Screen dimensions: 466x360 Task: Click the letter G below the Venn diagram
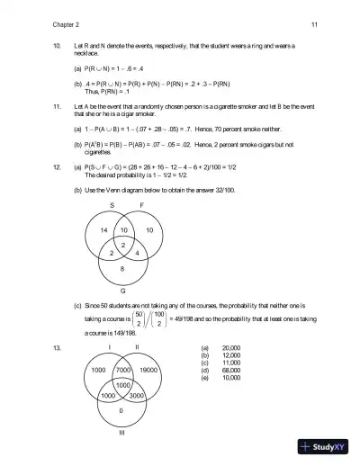(x=122, y=291)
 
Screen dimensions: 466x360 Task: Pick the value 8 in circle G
(x=122, y=269)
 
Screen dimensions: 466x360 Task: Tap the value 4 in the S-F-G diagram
(x=136, y=254)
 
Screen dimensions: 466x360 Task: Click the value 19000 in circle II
(x=150, y=370)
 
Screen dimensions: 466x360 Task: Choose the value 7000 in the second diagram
(x=124, y=370)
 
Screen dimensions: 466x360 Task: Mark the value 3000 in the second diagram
(x=138, y=396)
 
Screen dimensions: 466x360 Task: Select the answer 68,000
(x=231, y=370)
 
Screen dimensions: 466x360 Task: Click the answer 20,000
(x=231, y=347)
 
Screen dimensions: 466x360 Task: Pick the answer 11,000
(x=231, y=363)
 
